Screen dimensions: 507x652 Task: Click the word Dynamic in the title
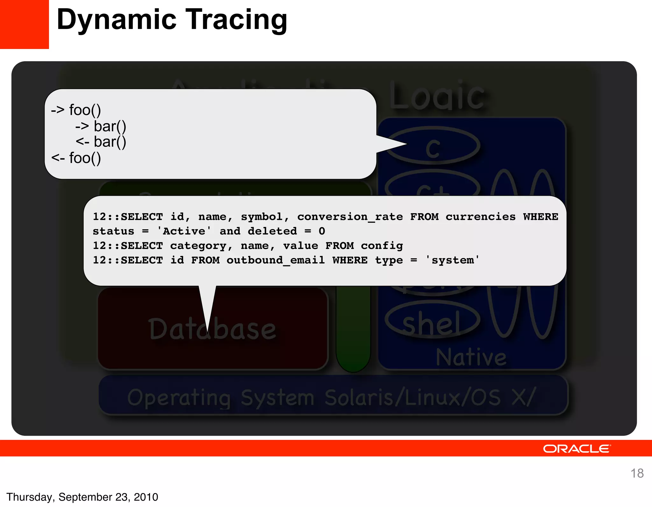click(117, 20)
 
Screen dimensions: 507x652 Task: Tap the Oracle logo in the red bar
click(577, 449)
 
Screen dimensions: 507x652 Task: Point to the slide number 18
click(637, 473)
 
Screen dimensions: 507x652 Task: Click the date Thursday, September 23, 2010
click(82, 497)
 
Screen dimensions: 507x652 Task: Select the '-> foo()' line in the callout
click(76, 110)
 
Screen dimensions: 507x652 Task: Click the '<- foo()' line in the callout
click(76, 158)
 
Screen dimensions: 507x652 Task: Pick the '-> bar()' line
click(101, 126)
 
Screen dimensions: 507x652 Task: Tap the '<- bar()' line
click(101, 142)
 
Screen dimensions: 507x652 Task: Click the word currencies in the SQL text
click(480, 217)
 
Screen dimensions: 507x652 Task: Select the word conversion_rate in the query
click(350, 217)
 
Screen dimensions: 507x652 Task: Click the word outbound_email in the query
click(275, 260)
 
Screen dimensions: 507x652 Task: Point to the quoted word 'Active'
click(184, 231)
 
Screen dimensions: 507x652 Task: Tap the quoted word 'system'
click(452, 260)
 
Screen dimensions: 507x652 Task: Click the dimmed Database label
click(212, 329)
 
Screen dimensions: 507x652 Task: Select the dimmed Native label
click(471, 357)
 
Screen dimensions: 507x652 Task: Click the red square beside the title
click(24, 24)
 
